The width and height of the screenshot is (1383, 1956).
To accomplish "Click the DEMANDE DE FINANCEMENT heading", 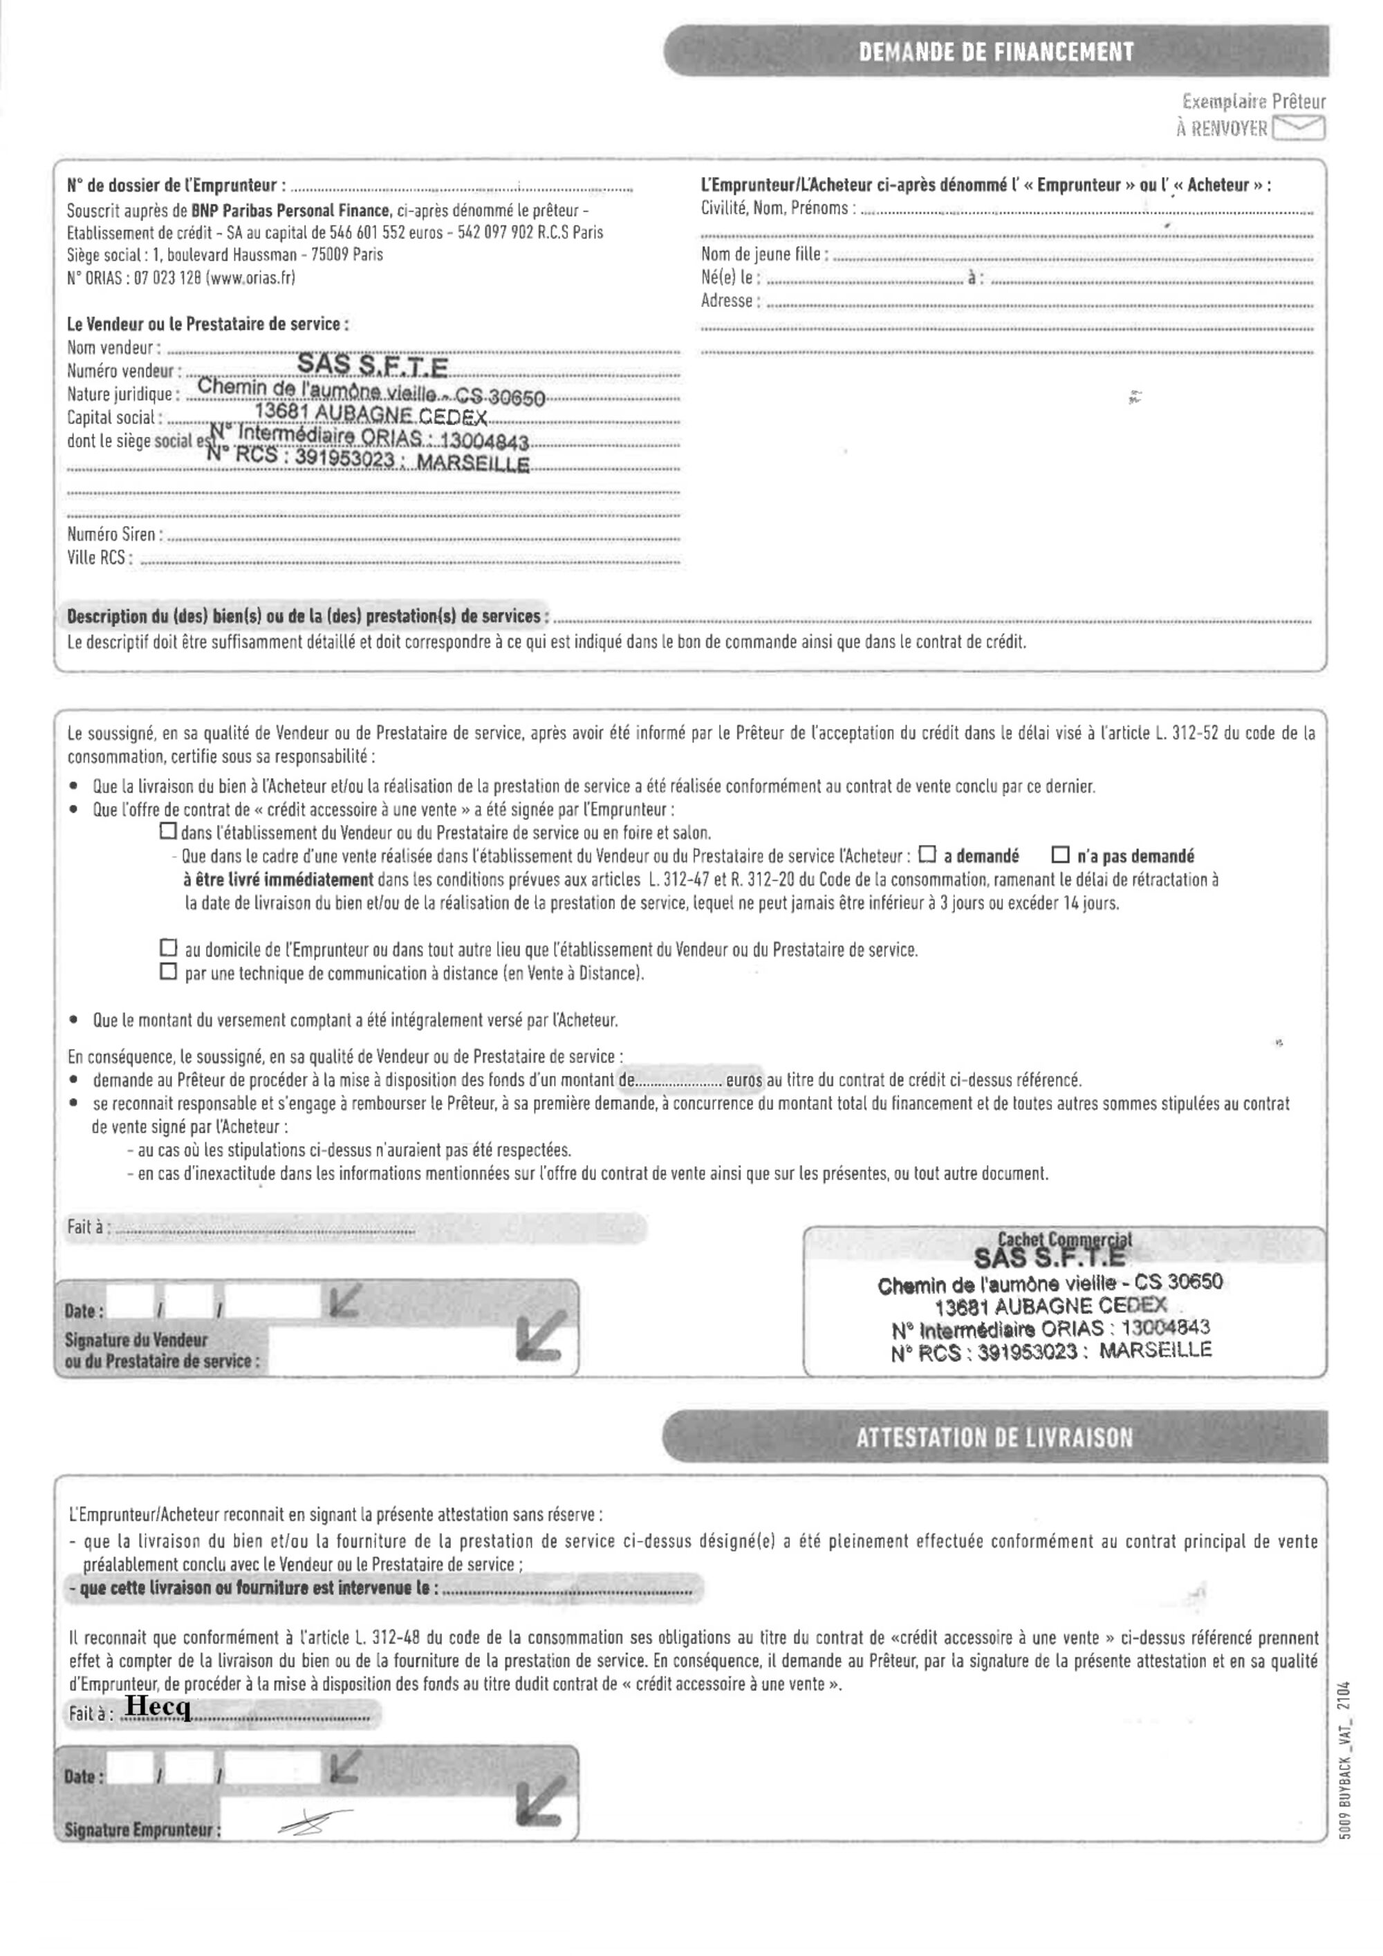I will coord(995,52).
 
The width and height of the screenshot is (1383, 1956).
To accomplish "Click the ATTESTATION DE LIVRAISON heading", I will coord(994,1439).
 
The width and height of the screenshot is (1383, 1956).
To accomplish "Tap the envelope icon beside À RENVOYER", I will coord(1299,129).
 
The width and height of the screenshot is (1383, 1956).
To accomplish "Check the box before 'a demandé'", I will coord(927,855).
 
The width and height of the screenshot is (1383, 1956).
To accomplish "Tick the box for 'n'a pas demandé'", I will coord(1060,855).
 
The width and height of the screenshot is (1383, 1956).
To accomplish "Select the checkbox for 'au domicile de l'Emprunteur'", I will coord(169,948).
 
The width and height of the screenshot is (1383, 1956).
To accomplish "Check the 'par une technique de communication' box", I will coord(169,972).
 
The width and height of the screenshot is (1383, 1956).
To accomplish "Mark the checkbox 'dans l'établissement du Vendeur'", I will coord(169,830).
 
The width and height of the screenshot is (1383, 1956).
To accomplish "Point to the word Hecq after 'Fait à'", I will coord(158,1707).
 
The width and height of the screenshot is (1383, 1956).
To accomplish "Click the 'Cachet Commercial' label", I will coord(1065,1240).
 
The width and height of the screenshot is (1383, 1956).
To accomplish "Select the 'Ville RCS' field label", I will coord(99,559).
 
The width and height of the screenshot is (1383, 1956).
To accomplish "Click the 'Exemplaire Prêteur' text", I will coord(1252,102).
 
